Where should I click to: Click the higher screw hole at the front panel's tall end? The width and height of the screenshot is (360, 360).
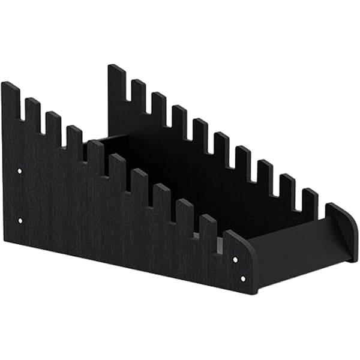[20, 171]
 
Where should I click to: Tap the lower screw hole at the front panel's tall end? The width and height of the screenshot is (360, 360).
[20, 221]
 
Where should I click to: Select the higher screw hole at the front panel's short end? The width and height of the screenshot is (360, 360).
[235, 259]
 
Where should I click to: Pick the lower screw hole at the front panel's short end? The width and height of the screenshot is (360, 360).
[242, 278]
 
